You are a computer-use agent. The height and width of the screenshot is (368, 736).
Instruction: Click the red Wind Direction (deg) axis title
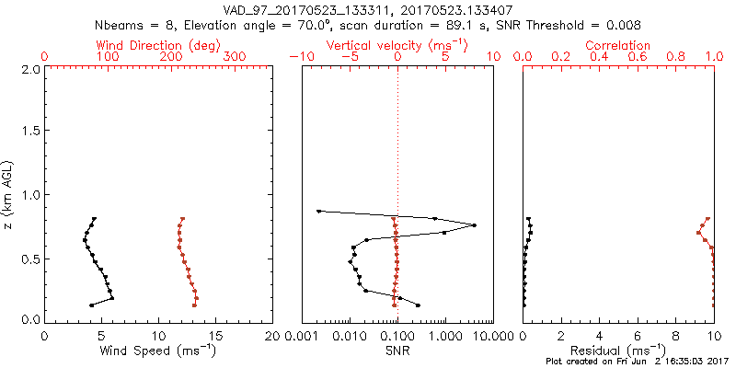click(x=158, y=45)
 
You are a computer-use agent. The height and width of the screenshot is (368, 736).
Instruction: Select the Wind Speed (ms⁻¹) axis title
click(x=158, y=350)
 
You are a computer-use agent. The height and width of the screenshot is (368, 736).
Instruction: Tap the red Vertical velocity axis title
click(x=397, y=45)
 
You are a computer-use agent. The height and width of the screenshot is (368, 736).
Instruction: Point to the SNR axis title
click(x=397, y=350)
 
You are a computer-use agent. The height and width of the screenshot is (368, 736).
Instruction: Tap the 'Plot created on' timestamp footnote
click(x=635, y=362)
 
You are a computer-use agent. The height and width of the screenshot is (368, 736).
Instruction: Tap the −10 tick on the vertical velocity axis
click(x=300, y=57)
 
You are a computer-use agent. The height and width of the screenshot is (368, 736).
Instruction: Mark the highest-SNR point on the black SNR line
click(x=474, y=225)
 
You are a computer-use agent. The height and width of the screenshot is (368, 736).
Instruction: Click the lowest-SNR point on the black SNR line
click(x=318, y=212)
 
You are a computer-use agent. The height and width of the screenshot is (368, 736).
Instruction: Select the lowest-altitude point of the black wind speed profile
click(x=91, y=305)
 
